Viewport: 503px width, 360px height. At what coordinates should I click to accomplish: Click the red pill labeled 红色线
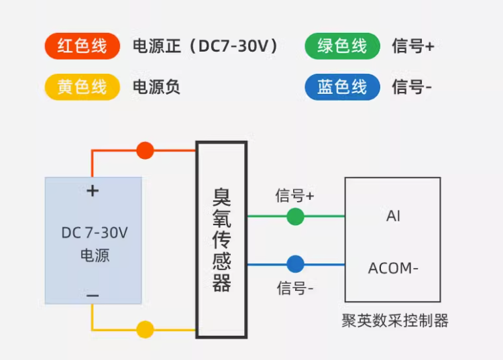pyautogui.click(x=82, y=46)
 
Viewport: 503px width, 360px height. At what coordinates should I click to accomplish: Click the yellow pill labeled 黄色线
pyautogui.click(x=82, y=87)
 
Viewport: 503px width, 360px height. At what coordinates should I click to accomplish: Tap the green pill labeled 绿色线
pyautogui.click(x=342, y=46)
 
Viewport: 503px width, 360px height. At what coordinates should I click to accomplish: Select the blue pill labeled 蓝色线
pyautogui.click(x=342, y=87)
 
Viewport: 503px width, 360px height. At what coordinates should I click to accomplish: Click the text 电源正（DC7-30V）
pyautogui.click(x=205, y=46)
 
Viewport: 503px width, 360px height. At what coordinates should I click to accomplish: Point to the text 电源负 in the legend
pyautogui.click(x=156, y=87)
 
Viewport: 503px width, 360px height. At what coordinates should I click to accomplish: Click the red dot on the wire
pyautogui.click(x=145, y=150)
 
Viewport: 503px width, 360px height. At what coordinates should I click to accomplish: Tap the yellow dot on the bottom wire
pyautogui.click(x=145, y=330)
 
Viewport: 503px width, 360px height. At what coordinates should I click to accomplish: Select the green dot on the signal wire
pyautogui.click(x=295, y=217)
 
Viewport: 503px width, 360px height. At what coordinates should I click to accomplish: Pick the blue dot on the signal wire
pyautogui.click(x=295, y=264)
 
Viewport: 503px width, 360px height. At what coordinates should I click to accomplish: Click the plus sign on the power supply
pyautogui.click(x=93, y=191)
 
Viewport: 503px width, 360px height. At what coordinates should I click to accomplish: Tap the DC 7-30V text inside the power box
pyautogui.click(x=94, y=233)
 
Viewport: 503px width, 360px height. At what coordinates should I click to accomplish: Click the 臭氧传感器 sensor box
pyautogui.click(x=221, y=240)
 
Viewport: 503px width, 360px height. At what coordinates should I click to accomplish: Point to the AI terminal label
pyautogui.click(x=393, y=217)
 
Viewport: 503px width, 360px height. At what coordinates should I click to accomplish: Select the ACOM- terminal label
pyautogui.click(x=393, y=269)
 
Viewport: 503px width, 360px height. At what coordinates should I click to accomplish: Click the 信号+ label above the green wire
pyautogui.click(x=294, y=196)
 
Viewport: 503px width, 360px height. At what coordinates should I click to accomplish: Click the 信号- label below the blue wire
pyautogui.click(x=295, y=289)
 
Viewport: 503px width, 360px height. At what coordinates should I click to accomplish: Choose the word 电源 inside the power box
pyautogui.click(x=95, y=255)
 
